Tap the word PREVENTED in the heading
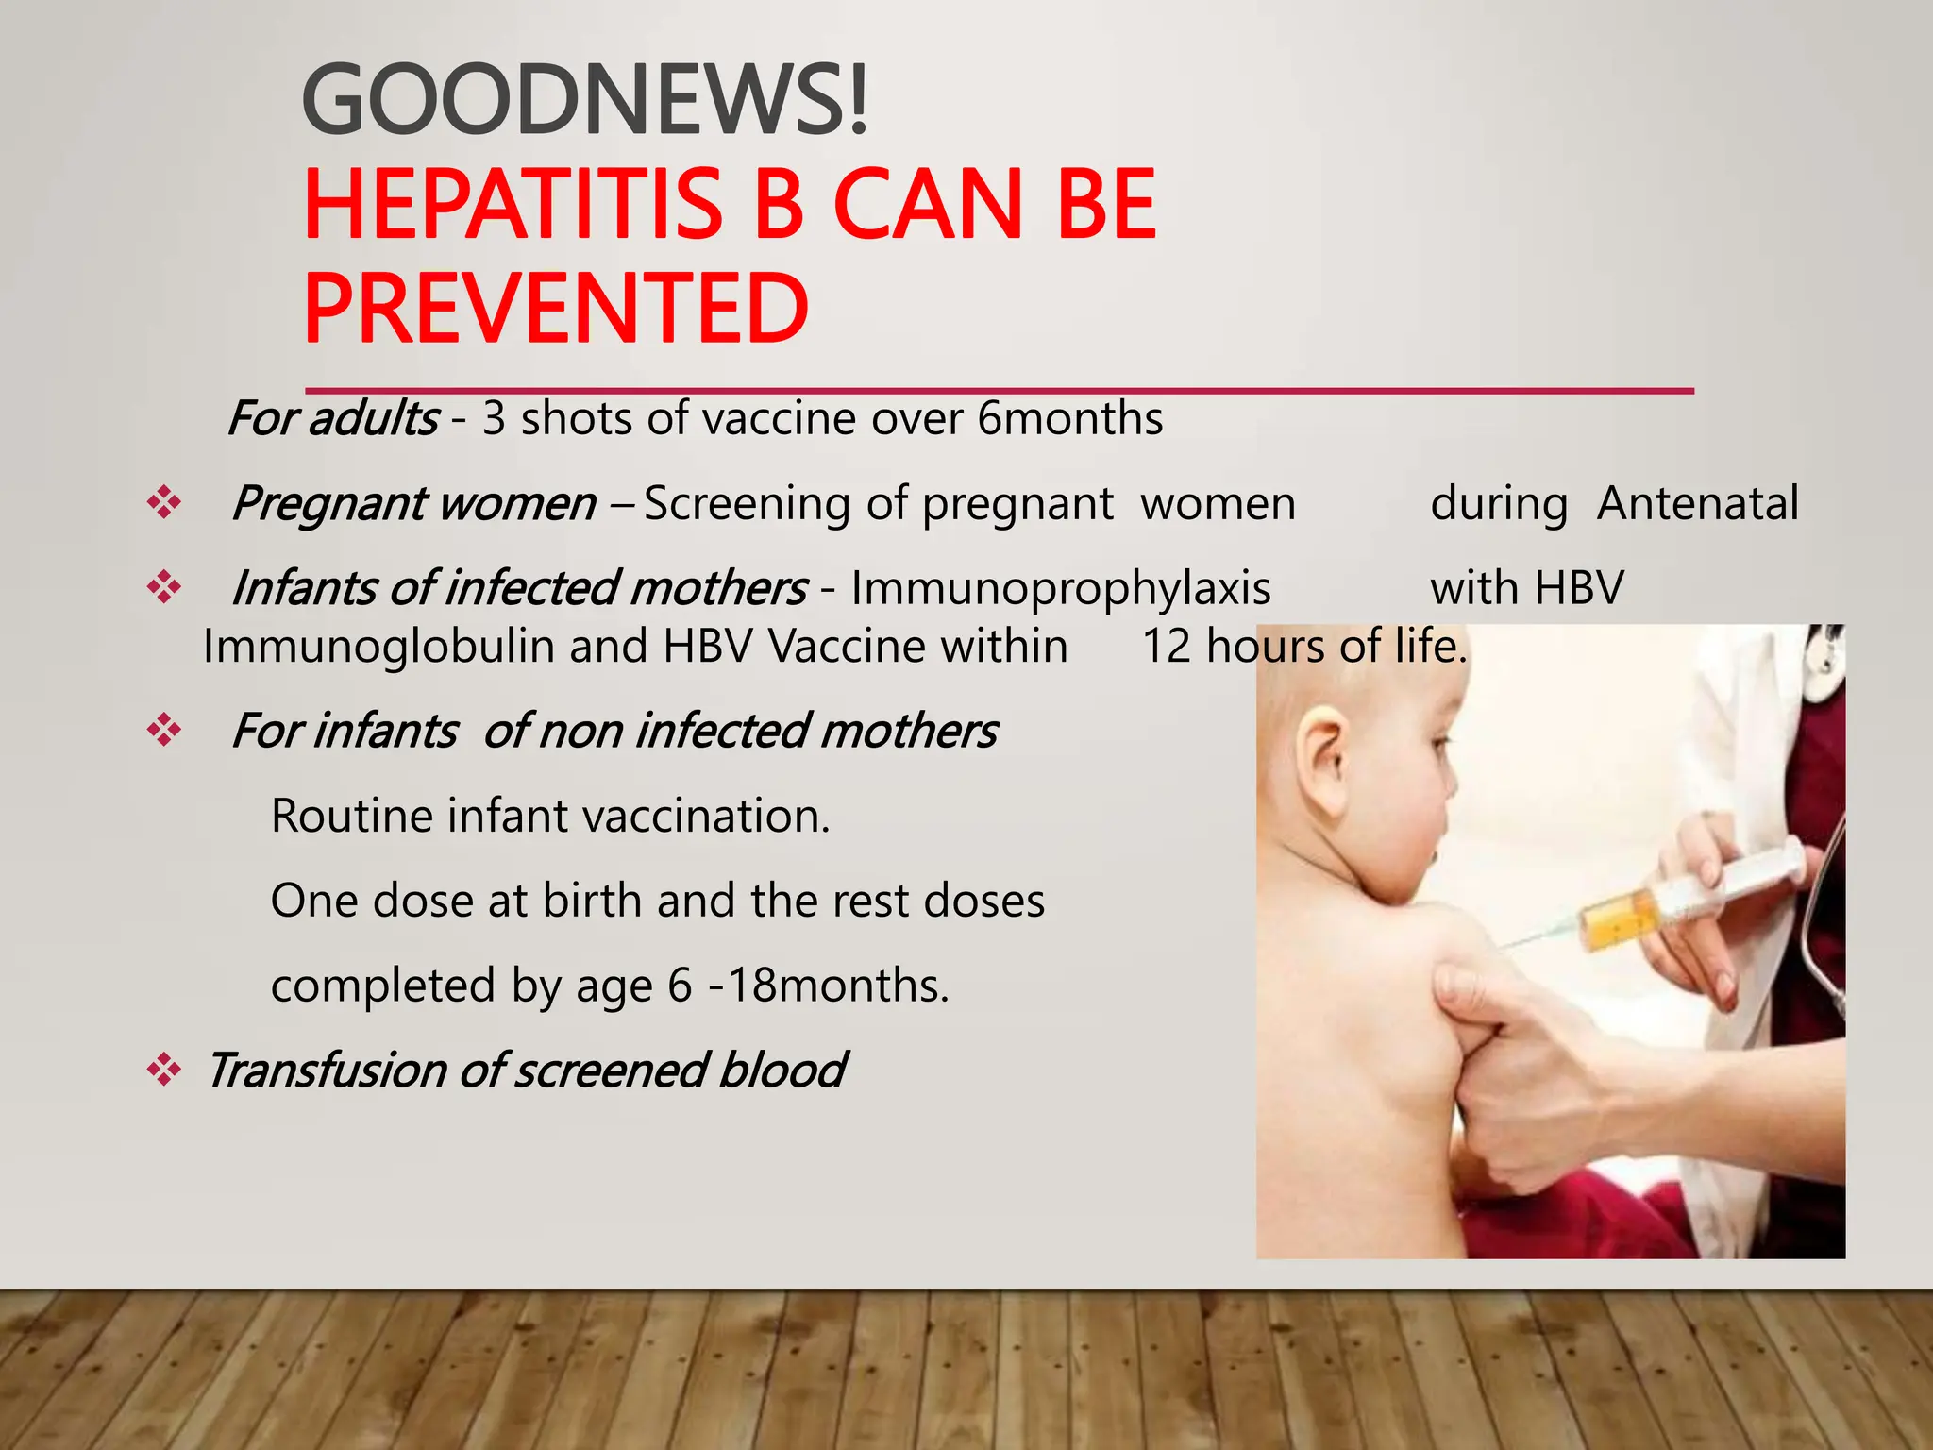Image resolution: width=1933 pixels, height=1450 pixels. [556, 309]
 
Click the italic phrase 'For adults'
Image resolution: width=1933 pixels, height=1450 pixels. [333, 418]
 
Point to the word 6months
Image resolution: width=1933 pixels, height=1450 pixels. [1069, 418]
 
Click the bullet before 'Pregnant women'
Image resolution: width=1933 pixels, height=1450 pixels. [164, 502]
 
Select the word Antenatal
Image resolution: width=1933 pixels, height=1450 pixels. [1697, 503]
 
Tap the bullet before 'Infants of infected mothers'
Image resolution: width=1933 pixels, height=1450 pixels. [164, 587]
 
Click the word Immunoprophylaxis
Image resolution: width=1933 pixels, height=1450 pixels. [1061, 588]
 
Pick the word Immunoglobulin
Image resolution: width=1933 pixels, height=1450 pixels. [379, 647]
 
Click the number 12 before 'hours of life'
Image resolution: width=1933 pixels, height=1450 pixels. [1167, 647]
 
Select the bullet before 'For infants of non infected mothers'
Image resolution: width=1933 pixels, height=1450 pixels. [164, 730]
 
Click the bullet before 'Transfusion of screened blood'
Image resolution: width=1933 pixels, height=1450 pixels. [164, 1070]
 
